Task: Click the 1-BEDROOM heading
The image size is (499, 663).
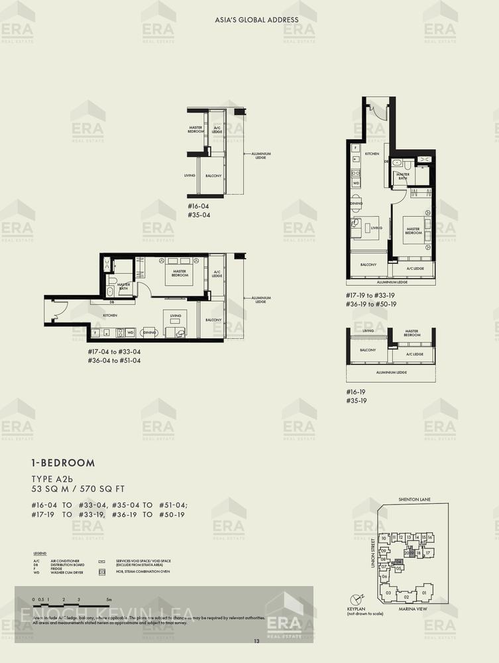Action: coord(63,463)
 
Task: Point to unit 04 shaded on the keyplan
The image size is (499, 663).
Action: coord(398,561)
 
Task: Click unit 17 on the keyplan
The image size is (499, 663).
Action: coord(428,552)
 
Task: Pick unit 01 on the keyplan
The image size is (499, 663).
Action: coord(424,593)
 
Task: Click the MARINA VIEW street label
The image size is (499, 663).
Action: coord(416,608)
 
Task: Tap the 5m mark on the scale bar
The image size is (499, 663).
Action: coord(109,599)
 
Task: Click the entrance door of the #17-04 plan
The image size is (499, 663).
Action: coord(58,308)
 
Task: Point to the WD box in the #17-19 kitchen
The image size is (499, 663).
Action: coord(356,182)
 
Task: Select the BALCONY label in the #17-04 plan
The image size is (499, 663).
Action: coord(213,320)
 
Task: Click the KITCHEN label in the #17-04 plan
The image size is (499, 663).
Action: coord(109,316)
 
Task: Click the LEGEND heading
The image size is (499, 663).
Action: coord(40,553)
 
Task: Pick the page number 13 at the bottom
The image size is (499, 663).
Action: coord(256,641)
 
